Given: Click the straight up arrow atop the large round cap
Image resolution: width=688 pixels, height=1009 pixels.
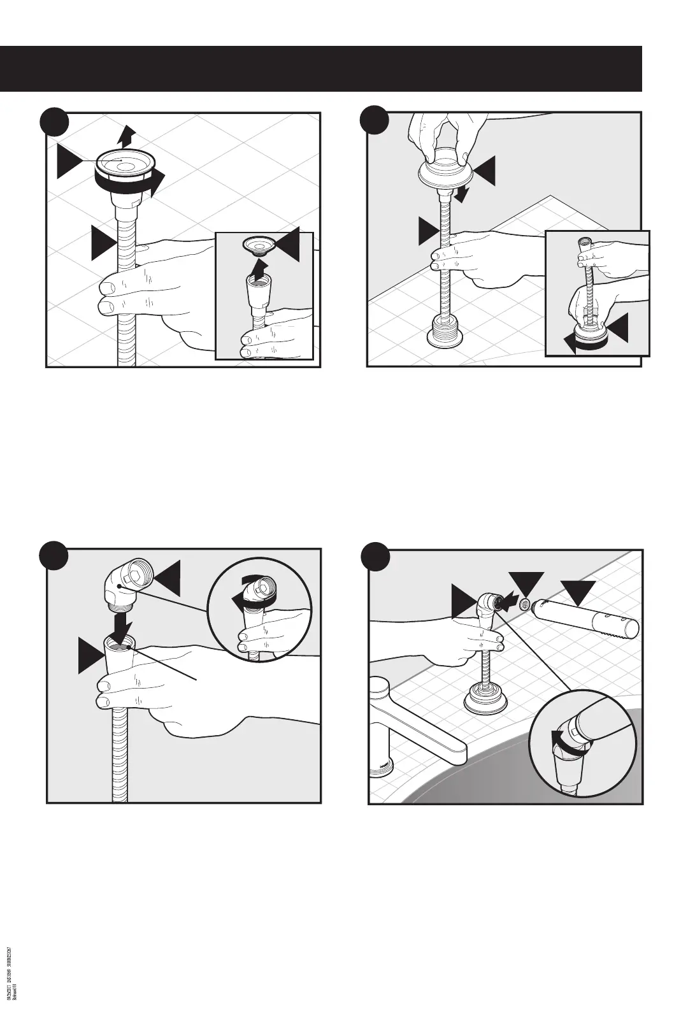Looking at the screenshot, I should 127,135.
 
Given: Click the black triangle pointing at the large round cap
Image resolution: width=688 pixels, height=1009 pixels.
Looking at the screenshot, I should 69,161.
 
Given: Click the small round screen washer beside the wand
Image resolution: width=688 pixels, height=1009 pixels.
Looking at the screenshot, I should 525,604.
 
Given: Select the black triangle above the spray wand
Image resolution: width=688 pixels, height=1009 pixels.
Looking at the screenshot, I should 577,590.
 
